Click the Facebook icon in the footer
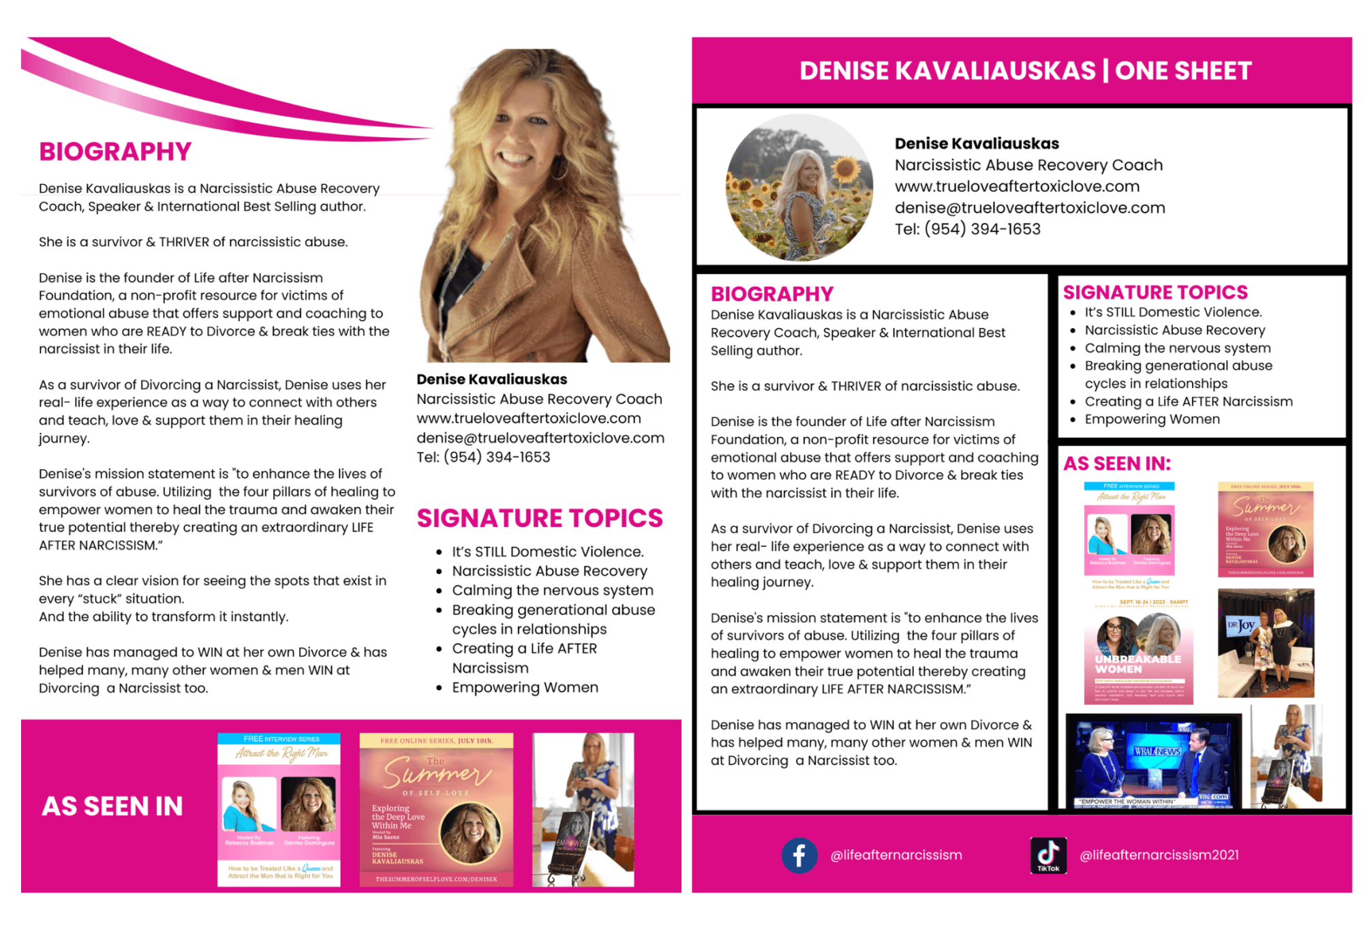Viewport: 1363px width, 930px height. tap(799, 855)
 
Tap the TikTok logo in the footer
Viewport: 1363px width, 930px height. tap(1048, 855)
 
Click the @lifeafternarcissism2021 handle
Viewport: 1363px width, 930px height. tap(1159, 855)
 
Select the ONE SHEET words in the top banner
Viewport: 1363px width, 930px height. tap(1184, 71)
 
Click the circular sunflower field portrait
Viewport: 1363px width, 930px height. tap(799, 187)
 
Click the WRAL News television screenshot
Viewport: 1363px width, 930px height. tap(1153, 760)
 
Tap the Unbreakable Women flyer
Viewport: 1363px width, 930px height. tap(1138, 651)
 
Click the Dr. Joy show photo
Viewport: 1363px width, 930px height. tap(1266, 643)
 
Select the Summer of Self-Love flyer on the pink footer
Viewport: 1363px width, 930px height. tap(436, 809)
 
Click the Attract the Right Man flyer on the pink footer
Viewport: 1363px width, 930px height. tap(279, 809)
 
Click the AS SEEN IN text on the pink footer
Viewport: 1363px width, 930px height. tap(112, 807)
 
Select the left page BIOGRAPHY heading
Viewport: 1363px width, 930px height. tap(115, 151)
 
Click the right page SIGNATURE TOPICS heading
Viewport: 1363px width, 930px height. tap(1155, 292)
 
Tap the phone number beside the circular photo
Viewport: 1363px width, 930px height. tap(968, 229)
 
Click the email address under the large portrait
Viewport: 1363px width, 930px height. tap(540, 438)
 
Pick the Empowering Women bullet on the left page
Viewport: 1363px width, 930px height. tap(525, 687)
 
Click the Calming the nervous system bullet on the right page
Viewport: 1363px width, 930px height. tap(1177, 348)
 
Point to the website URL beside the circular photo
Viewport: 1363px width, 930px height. tap(1017, 186)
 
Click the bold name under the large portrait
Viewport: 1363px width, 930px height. tap(492, 379)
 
